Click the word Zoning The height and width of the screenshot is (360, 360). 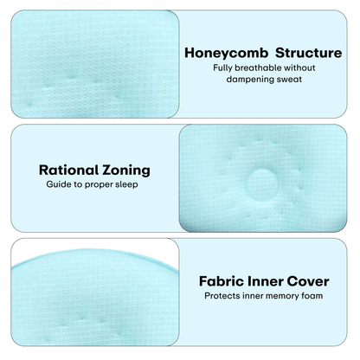point(126,170)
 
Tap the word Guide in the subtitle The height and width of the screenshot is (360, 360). point(58,185)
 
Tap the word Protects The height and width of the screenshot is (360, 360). point(223,295)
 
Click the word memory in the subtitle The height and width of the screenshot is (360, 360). point(285,295)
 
